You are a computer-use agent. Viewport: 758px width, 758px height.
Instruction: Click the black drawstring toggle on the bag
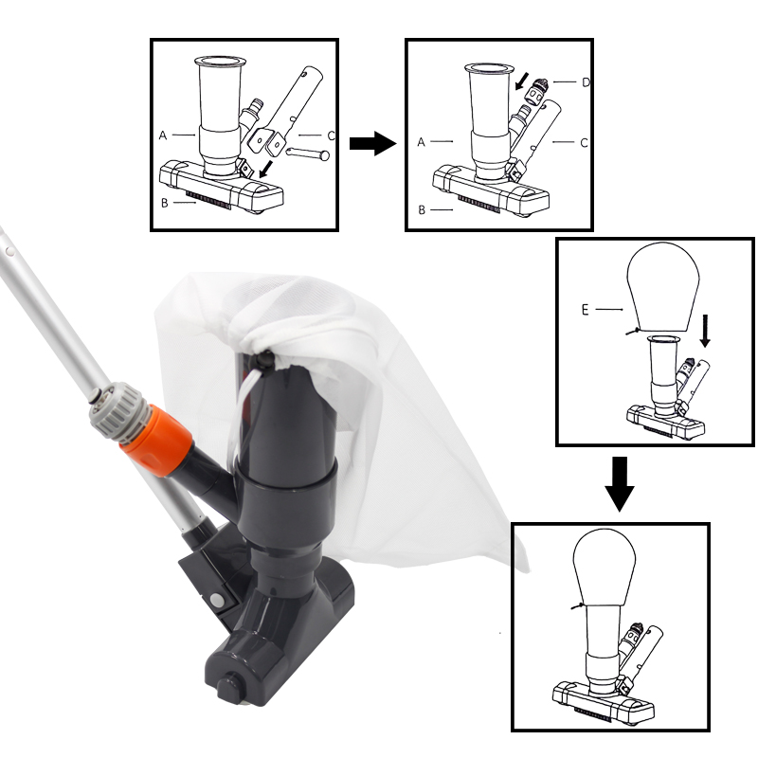click(x=263, y=360)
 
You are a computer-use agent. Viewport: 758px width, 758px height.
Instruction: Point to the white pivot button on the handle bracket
click(x=217, y=601)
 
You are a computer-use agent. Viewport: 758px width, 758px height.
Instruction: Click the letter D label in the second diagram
click(x=586, y=82)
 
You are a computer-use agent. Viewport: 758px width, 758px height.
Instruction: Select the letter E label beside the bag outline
click(x=585, y=310)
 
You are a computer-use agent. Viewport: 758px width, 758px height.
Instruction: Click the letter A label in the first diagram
click(x=163, y=135)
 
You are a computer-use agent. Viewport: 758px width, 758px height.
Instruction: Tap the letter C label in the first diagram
click(x=331, y=135)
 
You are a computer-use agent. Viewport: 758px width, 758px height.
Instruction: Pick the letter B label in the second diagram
click(x=422, y=210)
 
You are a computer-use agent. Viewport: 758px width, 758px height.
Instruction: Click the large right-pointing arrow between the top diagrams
click(x=372, y=144)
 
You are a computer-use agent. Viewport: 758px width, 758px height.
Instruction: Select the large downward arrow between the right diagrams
click(x=620, y=484)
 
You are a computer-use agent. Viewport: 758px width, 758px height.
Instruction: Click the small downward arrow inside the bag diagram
click(x=705, y=331)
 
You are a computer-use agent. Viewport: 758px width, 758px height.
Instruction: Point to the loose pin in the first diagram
click(x=308, y=153)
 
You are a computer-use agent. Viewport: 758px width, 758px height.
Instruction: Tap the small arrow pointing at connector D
click(x=522, y=81)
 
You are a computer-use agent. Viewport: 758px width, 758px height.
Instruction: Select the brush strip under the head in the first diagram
click(x=208, y=199)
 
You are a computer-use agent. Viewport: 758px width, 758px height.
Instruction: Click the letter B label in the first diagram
click(x=164, y=203)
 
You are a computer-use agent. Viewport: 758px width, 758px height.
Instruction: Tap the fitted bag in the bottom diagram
click(x=604, y=568)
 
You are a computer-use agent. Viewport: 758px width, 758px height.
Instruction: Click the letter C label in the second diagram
click(x=584, y=143)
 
